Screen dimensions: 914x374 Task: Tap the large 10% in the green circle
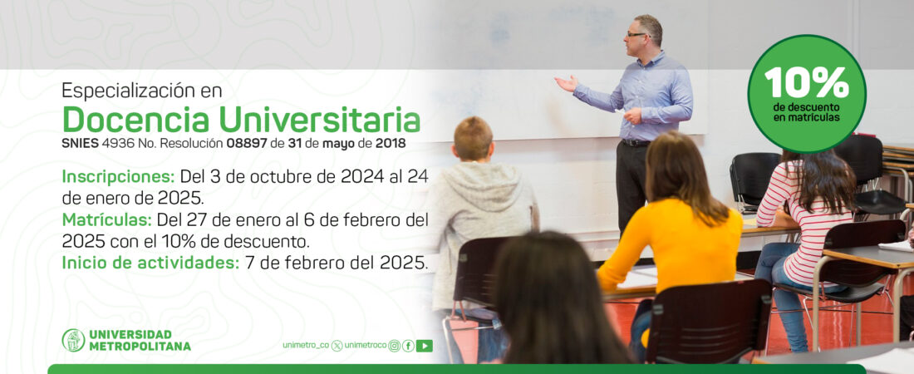coord(807,82)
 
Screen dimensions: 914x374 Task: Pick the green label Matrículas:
coord(106,220)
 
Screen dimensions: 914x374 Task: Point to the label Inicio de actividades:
coord(150,263)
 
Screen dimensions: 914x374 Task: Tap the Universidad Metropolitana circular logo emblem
coord(73,340)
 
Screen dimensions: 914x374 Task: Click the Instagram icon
coord(394,346)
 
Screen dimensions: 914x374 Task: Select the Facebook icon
coord(408,346)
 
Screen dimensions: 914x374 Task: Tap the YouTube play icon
coord(425,346)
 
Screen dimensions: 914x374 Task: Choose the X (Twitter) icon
coord(337,346)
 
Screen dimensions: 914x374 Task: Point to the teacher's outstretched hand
coord(566,83)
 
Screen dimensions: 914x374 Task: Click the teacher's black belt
coord(636,143)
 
